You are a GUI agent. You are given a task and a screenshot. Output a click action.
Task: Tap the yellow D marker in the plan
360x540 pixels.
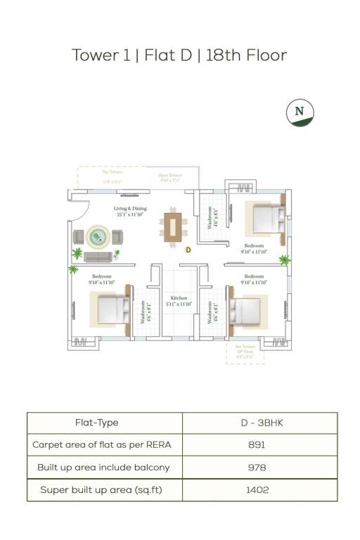point(188,249)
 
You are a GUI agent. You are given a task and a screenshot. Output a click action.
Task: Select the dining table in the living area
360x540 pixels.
point(173,226)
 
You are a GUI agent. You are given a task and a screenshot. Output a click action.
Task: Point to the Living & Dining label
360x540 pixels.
point(130,212)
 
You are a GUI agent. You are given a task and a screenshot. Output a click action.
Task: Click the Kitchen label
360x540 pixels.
point(178,301)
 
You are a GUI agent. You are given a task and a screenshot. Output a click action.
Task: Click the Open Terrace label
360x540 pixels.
point(169,178)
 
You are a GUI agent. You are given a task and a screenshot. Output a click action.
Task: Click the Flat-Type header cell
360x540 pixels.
point(97,423)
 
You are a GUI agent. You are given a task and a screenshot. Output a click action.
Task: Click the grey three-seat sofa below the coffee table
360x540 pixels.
point(98,257)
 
